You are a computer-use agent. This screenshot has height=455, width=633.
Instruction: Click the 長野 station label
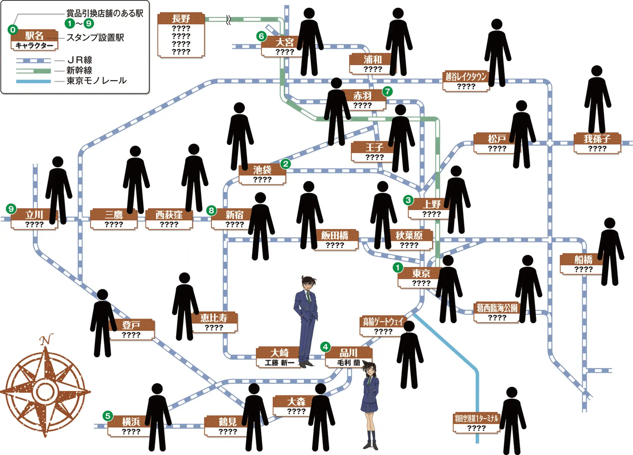[x=181, y=18]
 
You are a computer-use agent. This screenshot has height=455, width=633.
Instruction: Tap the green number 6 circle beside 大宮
[x=261, y=36]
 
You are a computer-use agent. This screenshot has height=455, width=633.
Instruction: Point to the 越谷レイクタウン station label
[x=466, y=77]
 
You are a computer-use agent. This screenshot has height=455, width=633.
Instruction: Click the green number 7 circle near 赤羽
[x=388, y=91]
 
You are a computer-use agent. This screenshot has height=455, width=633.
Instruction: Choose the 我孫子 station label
[x=597, y=139]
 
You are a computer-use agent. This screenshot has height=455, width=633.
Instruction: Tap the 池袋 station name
[x=262, y=170]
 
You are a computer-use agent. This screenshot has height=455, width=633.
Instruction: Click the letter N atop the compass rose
[x=47, y=338]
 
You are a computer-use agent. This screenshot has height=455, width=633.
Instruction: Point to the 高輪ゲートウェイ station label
[x=383, y=321]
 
